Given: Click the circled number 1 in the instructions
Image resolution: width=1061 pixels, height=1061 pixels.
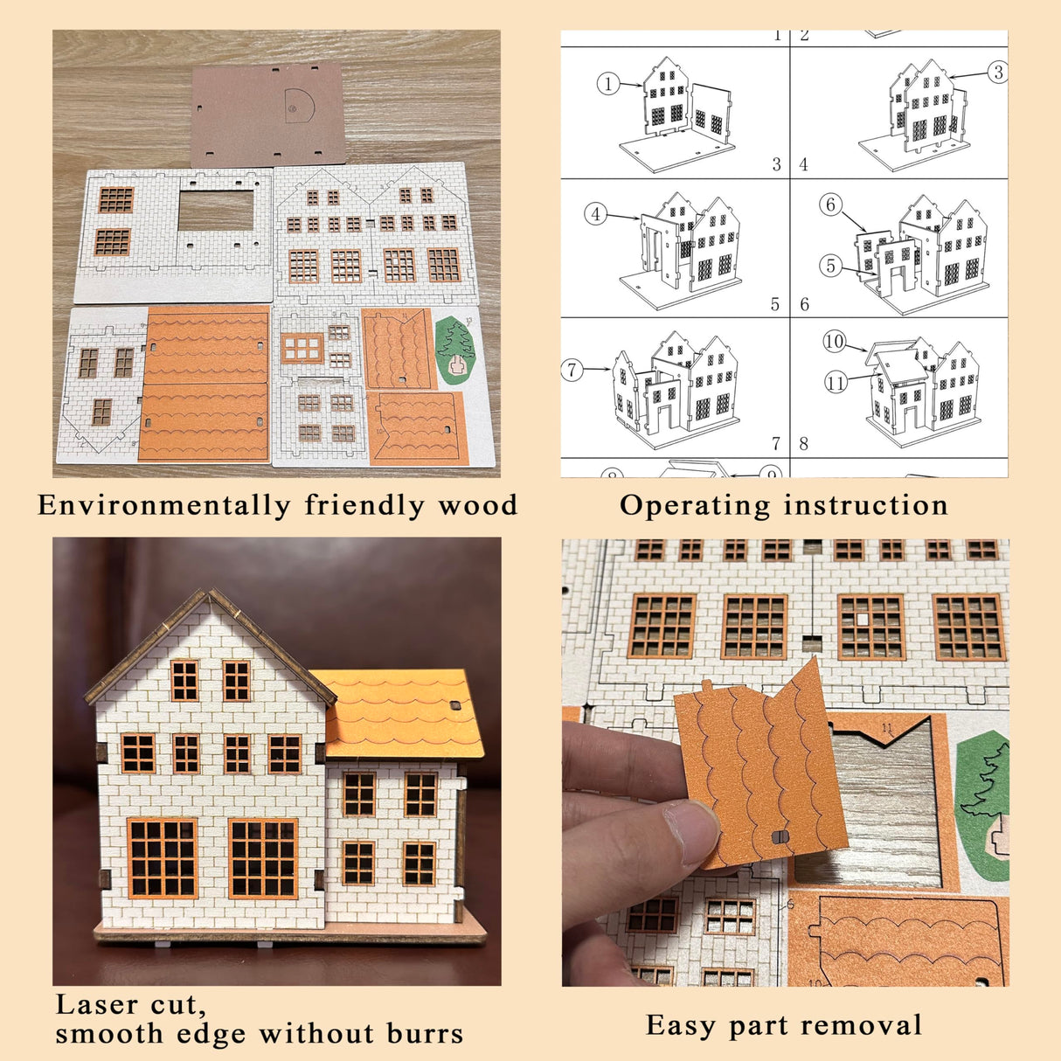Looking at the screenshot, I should pyautogui.click(x=608, y=84).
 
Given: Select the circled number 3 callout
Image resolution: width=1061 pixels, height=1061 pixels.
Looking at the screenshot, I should pyautogui.click(x=997, y=73).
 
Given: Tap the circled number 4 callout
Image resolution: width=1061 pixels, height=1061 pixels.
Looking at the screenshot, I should pyautogui.click(x=596, y=214).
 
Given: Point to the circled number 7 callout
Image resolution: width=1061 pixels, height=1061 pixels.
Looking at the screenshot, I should pyautogui.click(x=572, y=369).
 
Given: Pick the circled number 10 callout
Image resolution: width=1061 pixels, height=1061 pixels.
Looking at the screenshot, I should pyautogui.click(x=835, y=342).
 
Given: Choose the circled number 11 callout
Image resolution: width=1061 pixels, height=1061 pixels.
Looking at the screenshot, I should pyautogui.click(x=836, y=382).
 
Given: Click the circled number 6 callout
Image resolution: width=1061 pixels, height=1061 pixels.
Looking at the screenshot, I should pyautogui.click(x=831, y=205).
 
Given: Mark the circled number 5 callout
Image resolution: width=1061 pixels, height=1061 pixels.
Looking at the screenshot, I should pyautogui.click(x=831, y=266).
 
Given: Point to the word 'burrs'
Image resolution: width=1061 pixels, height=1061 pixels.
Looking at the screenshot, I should pyautogui.click(x=425, y=1035).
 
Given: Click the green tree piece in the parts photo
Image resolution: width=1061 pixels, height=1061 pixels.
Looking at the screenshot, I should pyautogui.click(x=454, y=350).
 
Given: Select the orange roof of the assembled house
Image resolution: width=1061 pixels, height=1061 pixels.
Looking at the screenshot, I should pyautogui.click(x=402, y=712).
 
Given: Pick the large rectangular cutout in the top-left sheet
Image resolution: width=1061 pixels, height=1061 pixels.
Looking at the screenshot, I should pyautogui.click(x=216, y=211).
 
